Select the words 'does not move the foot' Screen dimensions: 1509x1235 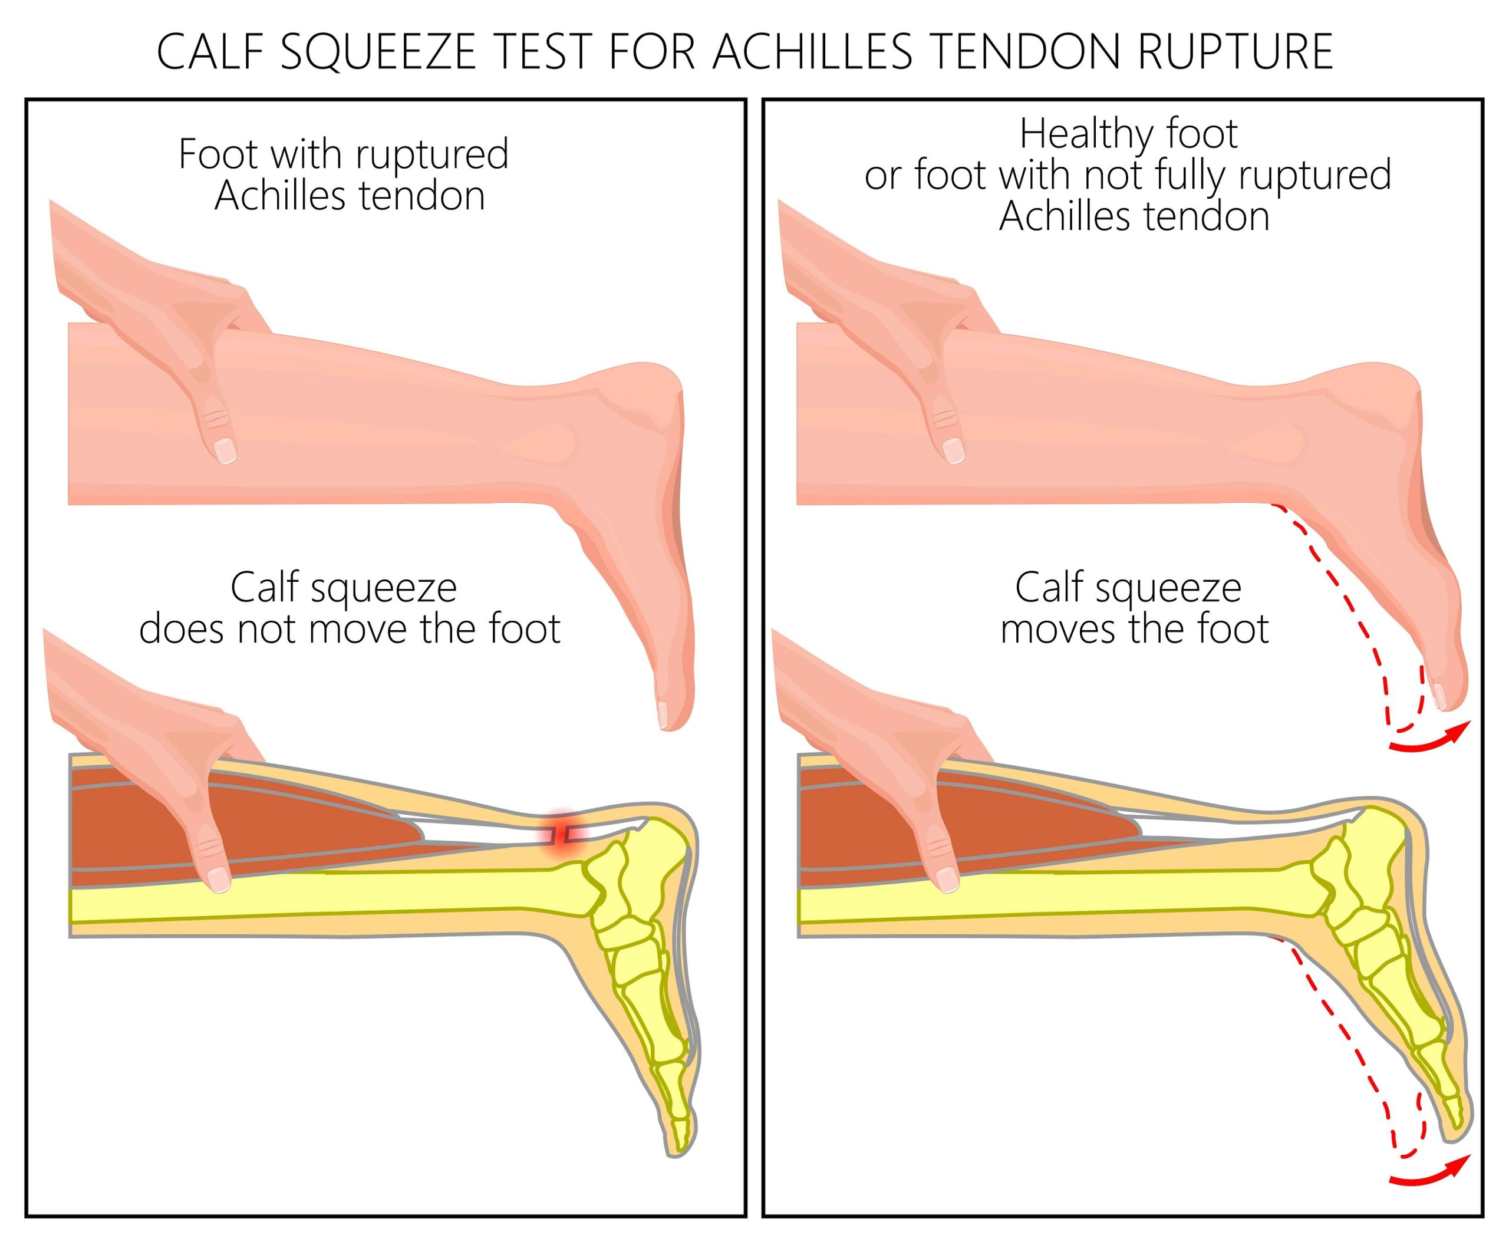(350, 629)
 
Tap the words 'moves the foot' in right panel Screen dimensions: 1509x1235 (1135, 629)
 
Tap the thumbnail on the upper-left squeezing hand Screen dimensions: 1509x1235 (225, 450)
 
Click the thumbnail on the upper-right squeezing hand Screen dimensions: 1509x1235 (953, 450)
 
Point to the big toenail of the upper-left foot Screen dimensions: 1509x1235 (663, 713)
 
